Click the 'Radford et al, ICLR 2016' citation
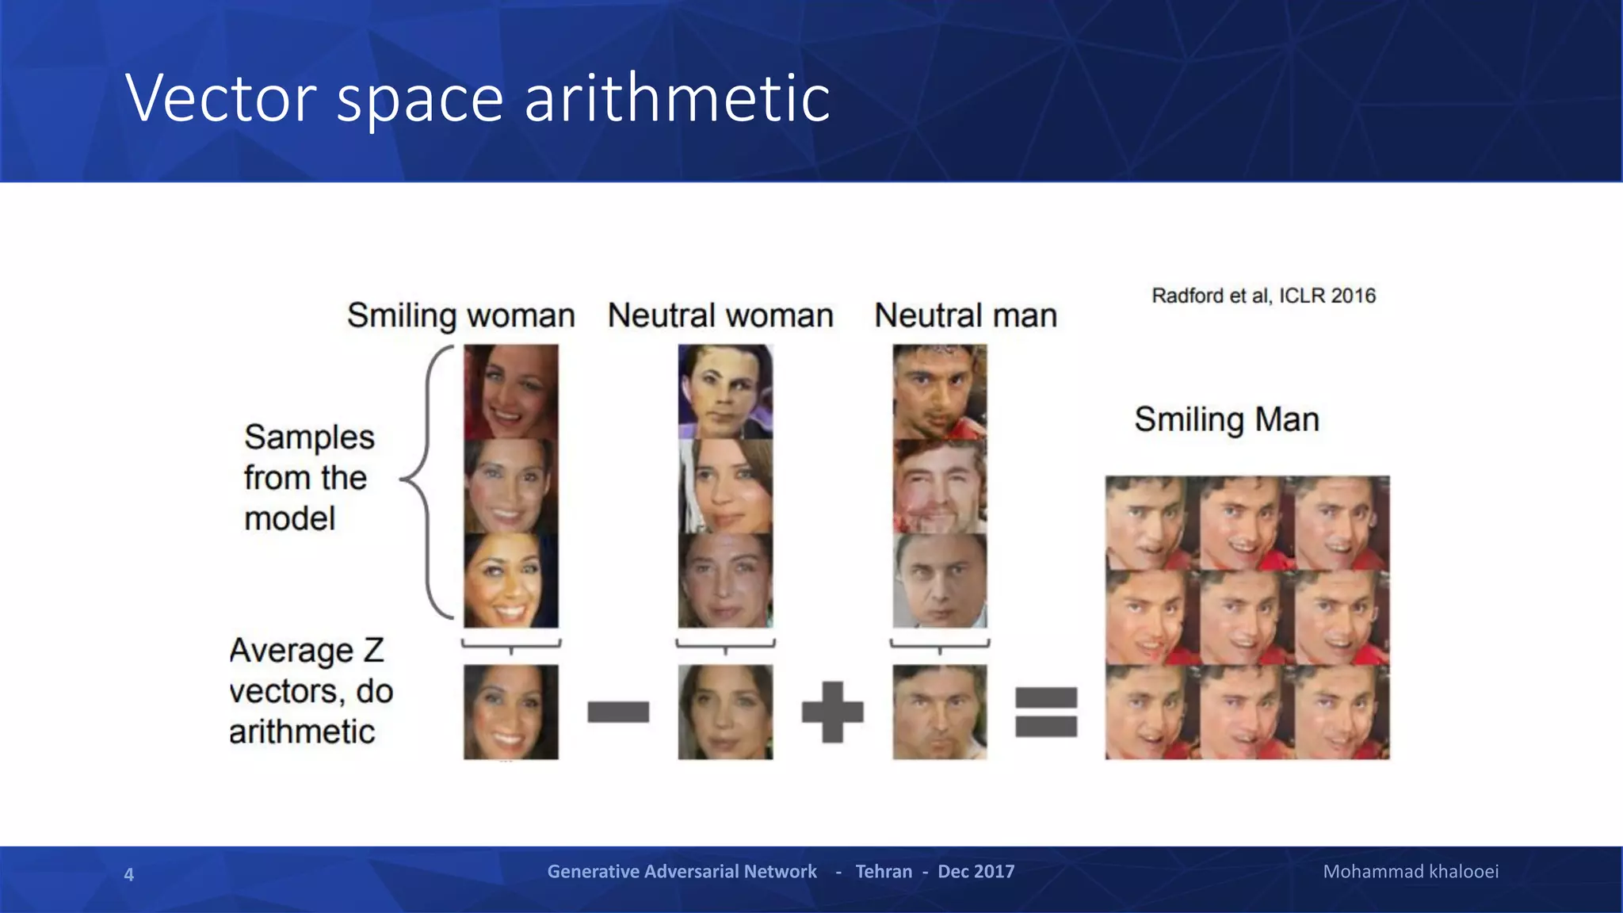1263,296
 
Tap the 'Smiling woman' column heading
460,315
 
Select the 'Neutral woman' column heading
720,315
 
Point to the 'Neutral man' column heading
965,315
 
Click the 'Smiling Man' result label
1226,419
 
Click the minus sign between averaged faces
618,712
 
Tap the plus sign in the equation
832,712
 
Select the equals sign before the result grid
1046,712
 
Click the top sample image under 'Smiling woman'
511,392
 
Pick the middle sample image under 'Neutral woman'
725,486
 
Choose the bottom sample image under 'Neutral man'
940,581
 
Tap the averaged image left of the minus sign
511,712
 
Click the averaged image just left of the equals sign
940,712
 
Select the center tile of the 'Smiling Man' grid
1247,617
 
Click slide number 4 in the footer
128,874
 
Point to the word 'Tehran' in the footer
884,872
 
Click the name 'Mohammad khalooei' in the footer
1411,872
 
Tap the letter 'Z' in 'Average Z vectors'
374,651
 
